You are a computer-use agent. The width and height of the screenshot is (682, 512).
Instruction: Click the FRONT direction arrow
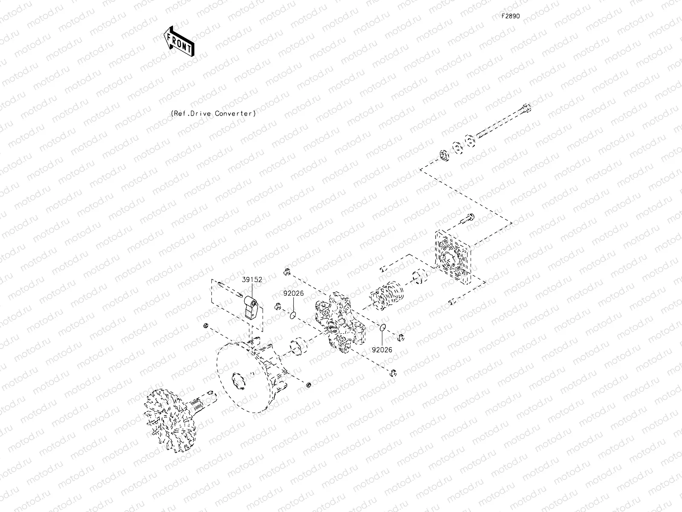click(x=179, y=41)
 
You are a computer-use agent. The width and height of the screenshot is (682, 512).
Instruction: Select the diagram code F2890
click(x=511, y=16)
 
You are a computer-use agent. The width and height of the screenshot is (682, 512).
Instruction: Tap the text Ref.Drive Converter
click(x=214, y=113)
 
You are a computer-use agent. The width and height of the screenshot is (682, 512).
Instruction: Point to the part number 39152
click(x=252, y=279)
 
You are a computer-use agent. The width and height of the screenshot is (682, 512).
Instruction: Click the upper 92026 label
click(x=293, y=293)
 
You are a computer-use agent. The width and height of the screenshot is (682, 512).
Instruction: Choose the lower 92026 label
click(x=382, y=350)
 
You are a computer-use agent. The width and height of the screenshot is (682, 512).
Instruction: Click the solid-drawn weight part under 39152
click(x=251, y=308)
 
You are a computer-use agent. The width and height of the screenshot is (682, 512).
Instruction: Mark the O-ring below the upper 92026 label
click(x=293, y=316)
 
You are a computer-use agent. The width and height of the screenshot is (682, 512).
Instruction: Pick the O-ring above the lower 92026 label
click(x=383, y=328)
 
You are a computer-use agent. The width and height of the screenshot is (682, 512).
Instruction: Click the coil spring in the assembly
click(x=387, y=295)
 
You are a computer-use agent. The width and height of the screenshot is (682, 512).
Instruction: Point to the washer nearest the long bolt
click(x=470, y=141)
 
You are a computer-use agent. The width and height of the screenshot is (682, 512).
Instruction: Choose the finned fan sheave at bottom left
click(x=169, y=420)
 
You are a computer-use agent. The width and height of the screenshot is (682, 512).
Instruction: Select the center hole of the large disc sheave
click(x=239, y=381)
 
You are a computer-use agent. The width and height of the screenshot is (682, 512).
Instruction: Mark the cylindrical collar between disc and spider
click(x=299, y=346)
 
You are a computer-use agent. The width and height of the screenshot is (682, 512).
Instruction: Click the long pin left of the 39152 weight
click(x=230, y=289)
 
